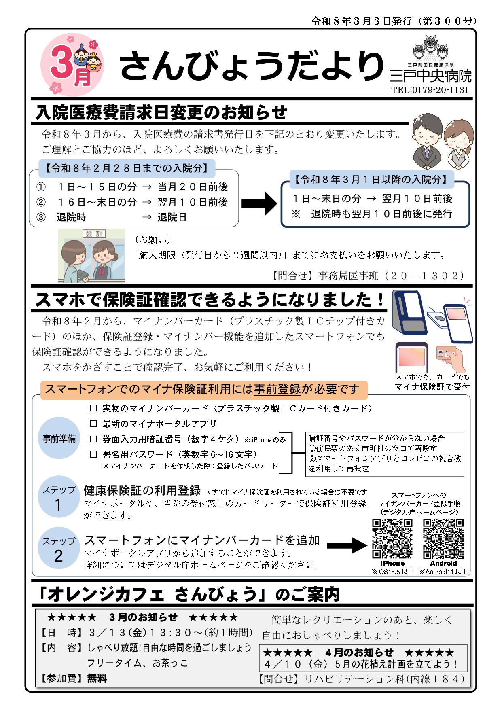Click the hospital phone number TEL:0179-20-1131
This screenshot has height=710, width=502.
pyautogui.click(x=430, y=90)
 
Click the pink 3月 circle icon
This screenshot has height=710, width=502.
pyautogui.click(x=72, y=65)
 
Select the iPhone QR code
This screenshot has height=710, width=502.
pyautogui.click(x=392, y=539)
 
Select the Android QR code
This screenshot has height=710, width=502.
pyautogui.click(x=443, y=539)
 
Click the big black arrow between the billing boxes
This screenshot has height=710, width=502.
pyautogui.click(x=259, y=203)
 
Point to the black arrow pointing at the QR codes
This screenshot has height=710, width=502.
pyautogui.click(x=347, y=545)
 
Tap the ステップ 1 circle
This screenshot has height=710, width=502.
pyautogui.click(x=59, y=497)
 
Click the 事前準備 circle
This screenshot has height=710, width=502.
pyautogui.click(x=59, y=438)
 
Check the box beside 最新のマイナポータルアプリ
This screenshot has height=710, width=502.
pyautogui.click(x=93, y=424)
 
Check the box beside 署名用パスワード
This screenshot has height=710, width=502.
pyautogui.click(x=93, y=454)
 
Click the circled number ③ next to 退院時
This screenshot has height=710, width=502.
pyautogui.click(x=41, y=217)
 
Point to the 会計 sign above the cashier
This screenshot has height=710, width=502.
pyautogui.click(x=94, y=233)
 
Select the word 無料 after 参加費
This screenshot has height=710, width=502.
pyautogui.click(x=97, y=678)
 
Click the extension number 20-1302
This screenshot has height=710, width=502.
pyautogui.click(x=424, y=276)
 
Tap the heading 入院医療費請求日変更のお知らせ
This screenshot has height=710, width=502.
pyautogui.click(x=161, y=112)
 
